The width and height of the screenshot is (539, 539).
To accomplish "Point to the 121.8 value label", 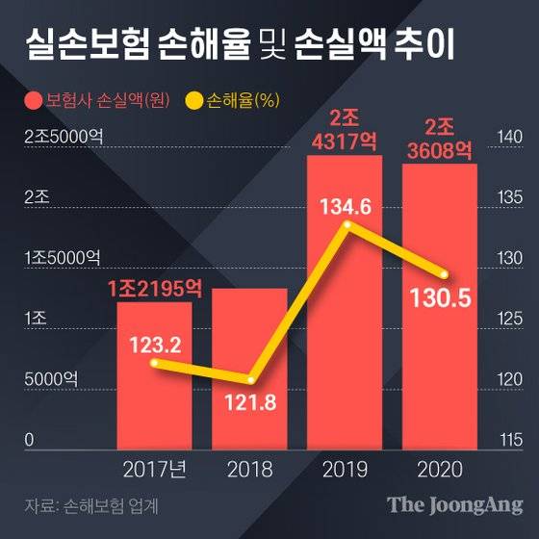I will click(249, 401).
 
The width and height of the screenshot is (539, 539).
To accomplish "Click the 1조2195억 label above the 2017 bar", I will click(154, 287).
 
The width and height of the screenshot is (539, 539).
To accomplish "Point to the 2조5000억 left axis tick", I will click(64, 137).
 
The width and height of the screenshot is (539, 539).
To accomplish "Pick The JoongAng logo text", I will click(451, 504).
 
